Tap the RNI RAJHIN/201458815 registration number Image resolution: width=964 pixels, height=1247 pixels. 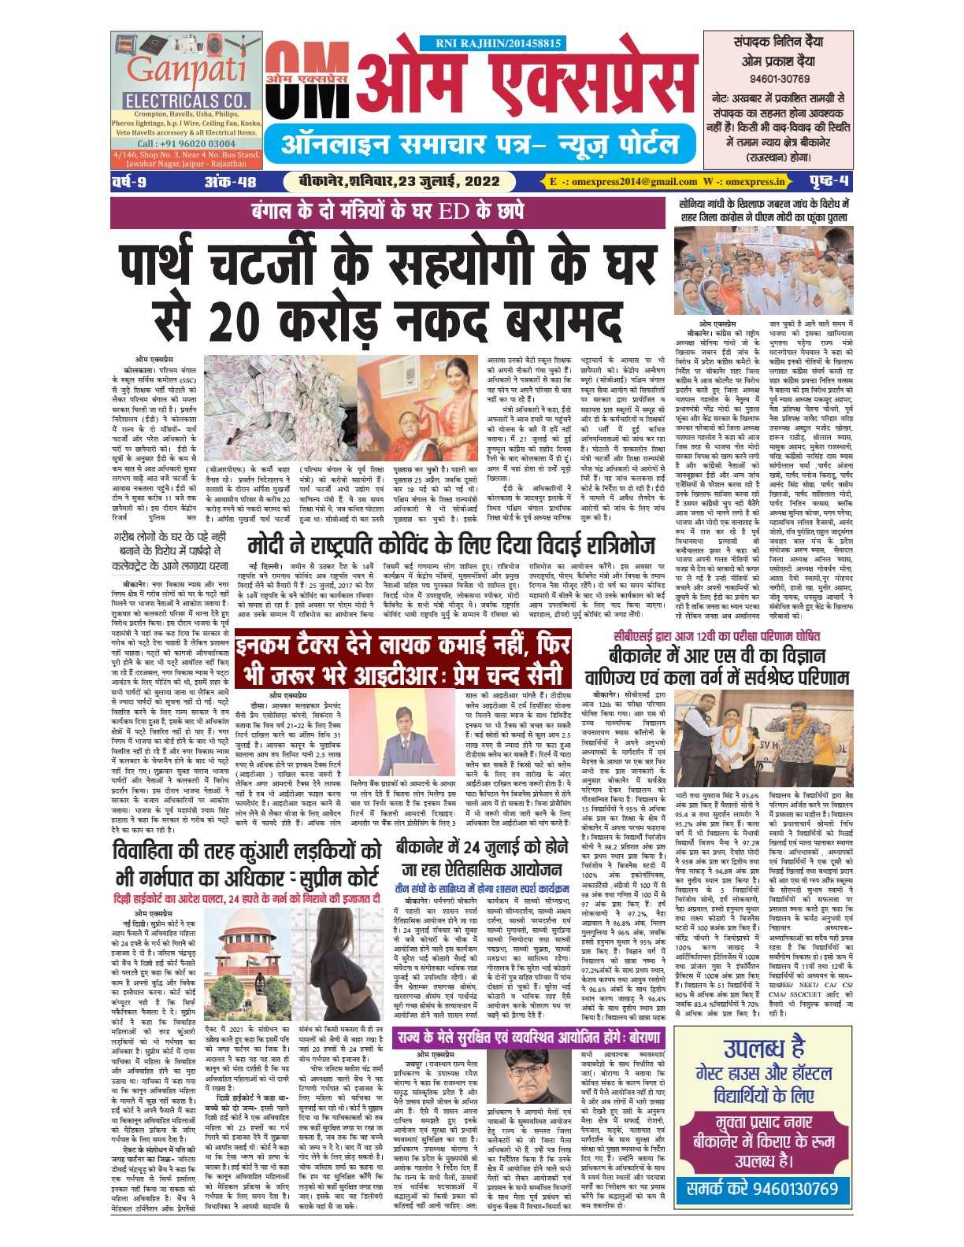tap(499, 44)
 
